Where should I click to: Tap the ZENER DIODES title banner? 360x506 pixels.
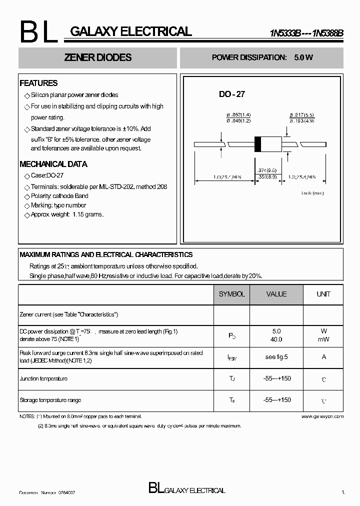click(x=98, y=57)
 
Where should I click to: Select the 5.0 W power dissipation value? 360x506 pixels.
click(x=303, y=57)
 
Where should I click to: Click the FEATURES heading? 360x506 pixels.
click(x=38, y=83)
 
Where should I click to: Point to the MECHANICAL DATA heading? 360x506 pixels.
click(x=53, y=164)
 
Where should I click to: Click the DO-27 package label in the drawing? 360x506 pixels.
click(x=232, y=94)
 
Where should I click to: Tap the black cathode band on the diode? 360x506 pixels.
click(x=258, y=144)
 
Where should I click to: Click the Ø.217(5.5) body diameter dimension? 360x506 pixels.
click(x=301, y=115)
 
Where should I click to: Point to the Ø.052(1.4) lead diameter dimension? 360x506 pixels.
click(x=238, y=115)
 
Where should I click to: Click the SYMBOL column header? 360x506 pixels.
click(x=231, y=294)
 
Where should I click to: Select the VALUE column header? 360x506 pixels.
click(x=276, y=294)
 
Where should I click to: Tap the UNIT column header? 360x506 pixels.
click(x=323, y=294)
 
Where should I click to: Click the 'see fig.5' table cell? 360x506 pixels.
click(x=276, y=357)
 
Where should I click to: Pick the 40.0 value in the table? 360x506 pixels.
click(x=276, y=339)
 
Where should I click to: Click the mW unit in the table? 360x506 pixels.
click(x=323, y=339)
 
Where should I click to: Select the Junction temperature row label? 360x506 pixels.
click(x=43, y=379)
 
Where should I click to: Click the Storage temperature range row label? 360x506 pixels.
click(x=50, y=400)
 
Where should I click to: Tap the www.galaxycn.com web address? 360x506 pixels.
click(x=323, y=416)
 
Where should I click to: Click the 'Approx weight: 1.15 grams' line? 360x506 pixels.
click(x=67, y=214)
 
